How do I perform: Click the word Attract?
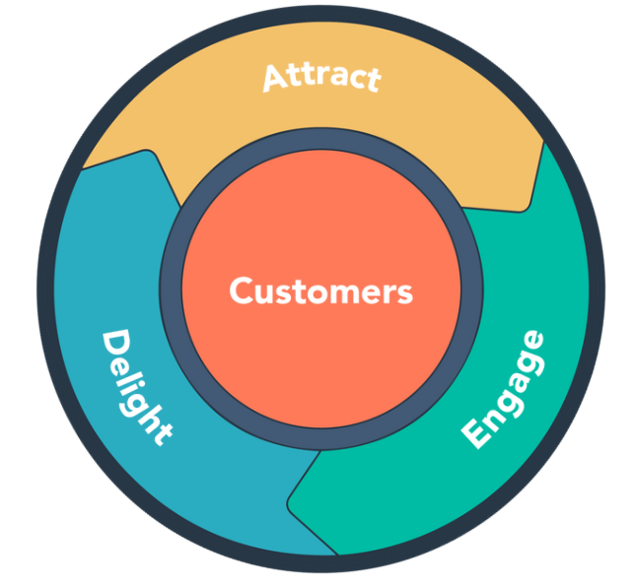pyautogui.click(x=321, y=77)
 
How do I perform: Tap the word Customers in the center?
pyautogui.click(x=321, y=292)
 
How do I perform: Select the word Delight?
pyautogui.click(x=137, y=386)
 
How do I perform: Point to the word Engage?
pyautogui.click(x=504, y=390)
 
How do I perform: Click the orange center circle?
pyautogui.click(x=321, y=246)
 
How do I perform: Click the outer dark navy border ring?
pyautogui.click(x=321, y=20)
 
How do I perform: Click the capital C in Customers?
pyautogui.click(x=241, y=292)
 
